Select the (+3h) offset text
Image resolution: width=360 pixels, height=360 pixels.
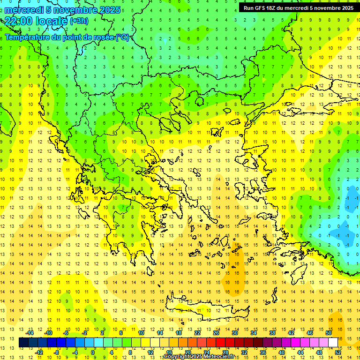pyautogui.click(x=78, y=21)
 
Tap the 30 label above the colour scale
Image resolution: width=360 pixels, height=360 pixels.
pyautogui.click(x=234, y=333)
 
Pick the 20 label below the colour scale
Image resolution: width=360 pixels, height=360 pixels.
pyautogui.click(x=187, y=352)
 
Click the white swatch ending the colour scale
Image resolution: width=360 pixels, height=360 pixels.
pyautogui.click(x=333, y=343)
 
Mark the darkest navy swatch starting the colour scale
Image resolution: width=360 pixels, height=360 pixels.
pyautogui.click(x=24, y=343)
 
